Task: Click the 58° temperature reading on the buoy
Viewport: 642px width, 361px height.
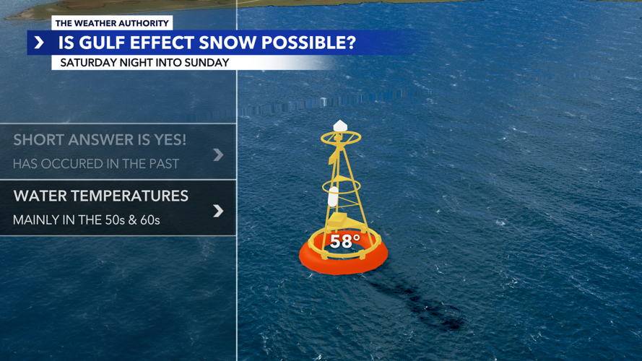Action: [x=344, y=242]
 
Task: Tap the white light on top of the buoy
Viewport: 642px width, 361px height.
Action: [x=340, y=126]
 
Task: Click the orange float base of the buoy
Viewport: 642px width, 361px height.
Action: [x=343, y=261]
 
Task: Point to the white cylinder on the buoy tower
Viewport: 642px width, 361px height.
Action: [x=333, y=196]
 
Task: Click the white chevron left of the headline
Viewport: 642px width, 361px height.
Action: [x=39, y=43]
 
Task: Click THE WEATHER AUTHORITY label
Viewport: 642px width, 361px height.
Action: [x=112, y=23]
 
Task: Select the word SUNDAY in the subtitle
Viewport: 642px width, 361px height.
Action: [x=207, y=63]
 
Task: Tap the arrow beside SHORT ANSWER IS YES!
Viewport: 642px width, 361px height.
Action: [x=218, y=154]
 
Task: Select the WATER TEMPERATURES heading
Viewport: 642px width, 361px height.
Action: [x=100, y=196]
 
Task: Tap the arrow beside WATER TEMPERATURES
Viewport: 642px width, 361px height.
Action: [x=218, y=211]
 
